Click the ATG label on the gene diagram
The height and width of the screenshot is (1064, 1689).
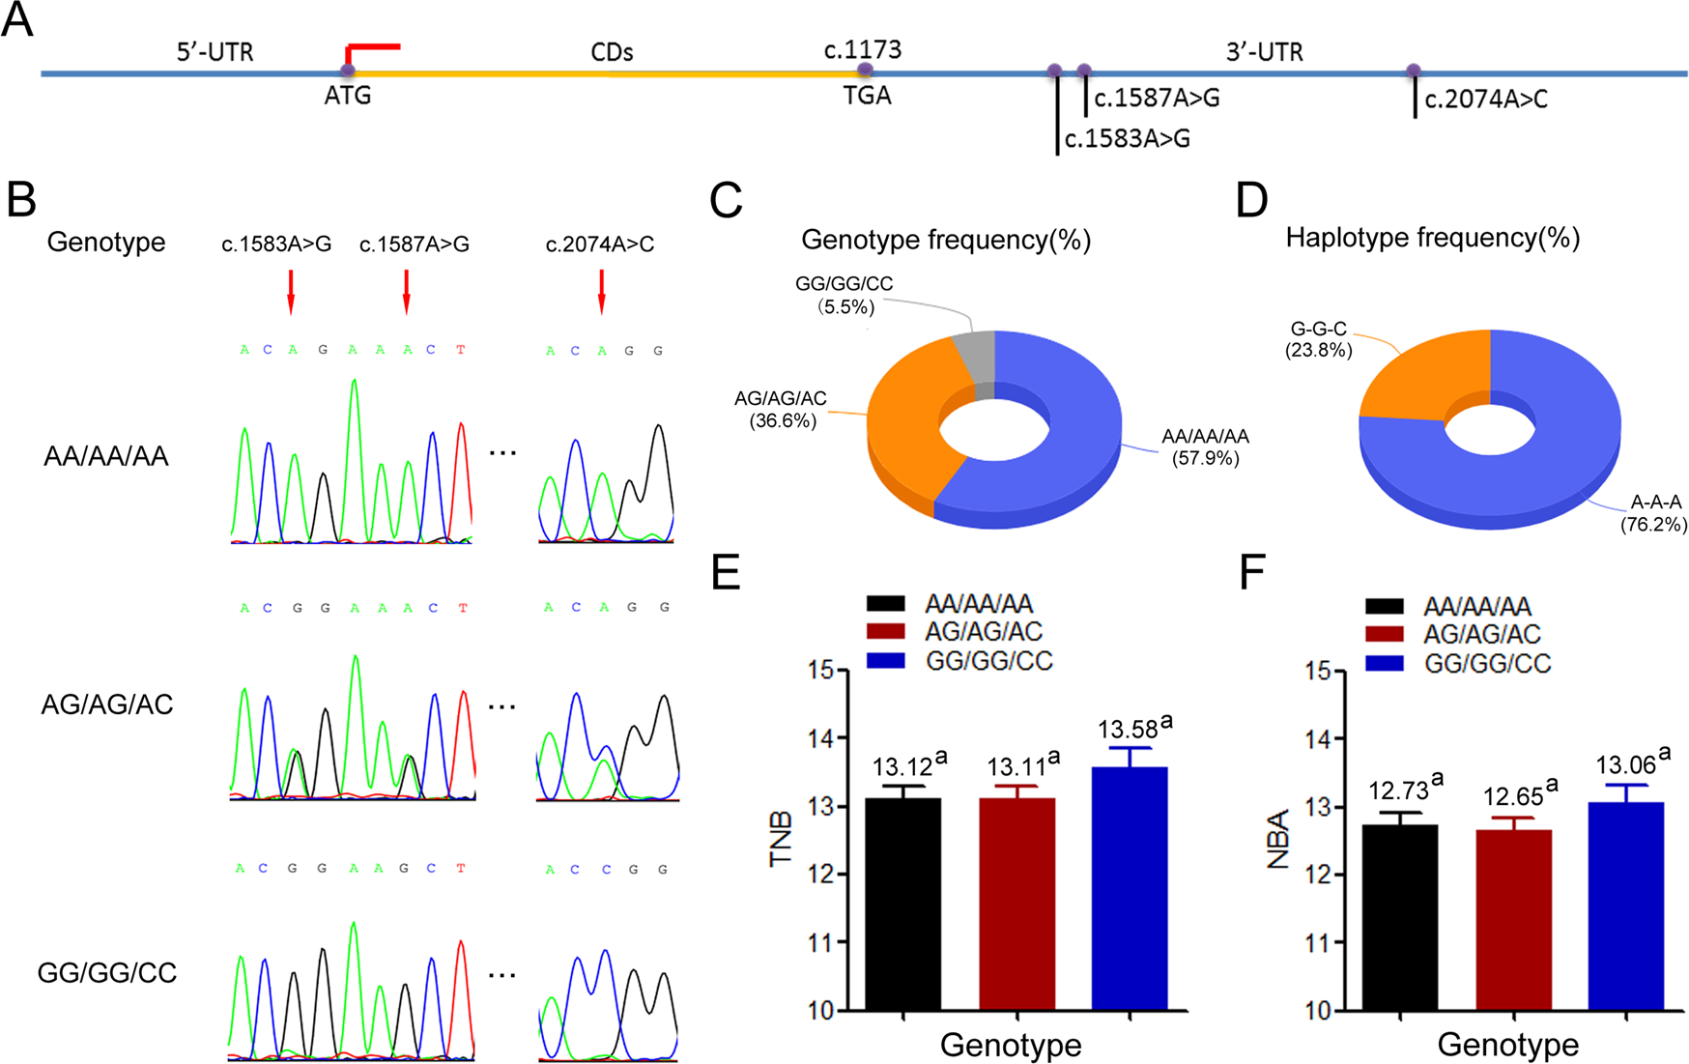[x=348, y=96]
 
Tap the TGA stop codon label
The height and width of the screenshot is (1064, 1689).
[x=867, y=96]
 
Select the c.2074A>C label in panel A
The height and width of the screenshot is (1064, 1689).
[x=1486, y=100]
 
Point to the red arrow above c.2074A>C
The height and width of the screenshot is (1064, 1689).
[x=601, y=291]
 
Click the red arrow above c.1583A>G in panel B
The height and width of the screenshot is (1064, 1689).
[x=291, y=291]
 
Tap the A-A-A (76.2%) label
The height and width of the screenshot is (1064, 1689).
[x=1654, y=513]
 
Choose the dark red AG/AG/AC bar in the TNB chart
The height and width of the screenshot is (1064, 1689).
[x=1016, y=903]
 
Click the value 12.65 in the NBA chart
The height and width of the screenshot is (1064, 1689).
[x=1513, y=797]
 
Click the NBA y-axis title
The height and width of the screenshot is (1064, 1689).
[x=1278, y=841]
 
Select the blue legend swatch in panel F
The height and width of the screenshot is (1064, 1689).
[x=1385, y=663]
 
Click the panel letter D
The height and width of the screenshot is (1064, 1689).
[x=1252, y=199]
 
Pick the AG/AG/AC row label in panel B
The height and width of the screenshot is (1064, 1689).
[x=107, y=705]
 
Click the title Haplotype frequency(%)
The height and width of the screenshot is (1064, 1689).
[x=1432, y=238]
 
